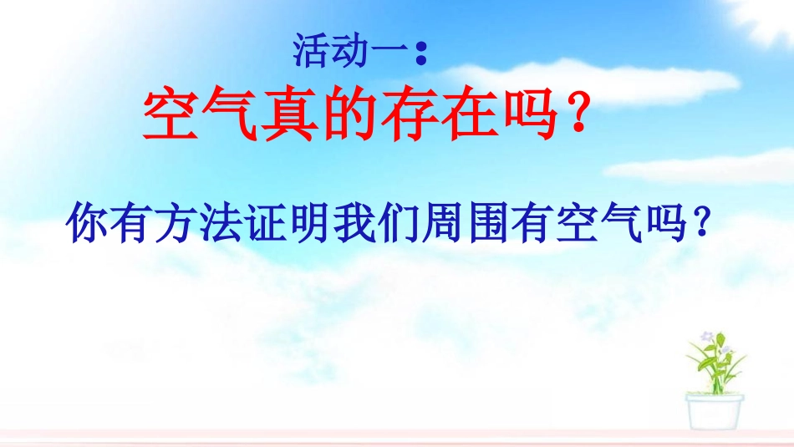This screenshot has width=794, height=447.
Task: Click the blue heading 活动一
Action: click(x=351, y=51)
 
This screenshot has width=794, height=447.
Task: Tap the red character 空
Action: click(x=171, y=116)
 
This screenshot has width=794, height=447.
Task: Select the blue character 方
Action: click(x=173, y=223)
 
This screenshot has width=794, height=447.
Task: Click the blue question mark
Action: click(x=704, y=223)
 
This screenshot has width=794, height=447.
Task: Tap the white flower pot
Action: click(x=715, y=410)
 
